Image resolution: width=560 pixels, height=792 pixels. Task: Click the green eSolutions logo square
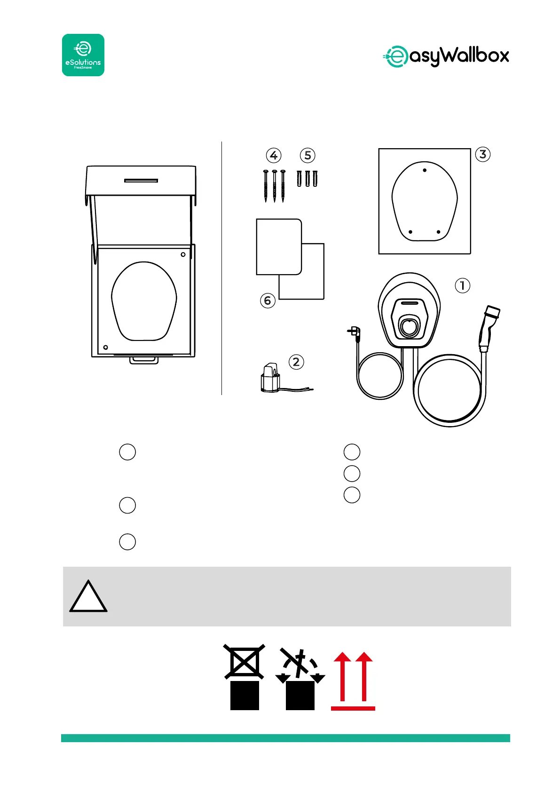(83, 55)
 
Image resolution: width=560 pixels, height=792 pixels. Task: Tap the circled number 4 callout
(274, 155)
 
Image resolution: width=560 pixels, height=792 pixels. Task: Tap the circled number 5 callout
(308, 155)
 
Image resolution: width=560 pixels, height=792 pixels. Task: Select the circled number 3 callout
(483, 154)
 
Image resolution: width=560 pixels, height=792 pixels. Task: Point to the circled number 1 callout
(463, 285)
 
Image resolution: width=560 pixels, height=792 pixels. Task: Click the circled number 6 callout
(268, 300)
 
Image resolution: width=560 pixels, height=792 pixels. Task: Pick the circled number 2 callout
(296, 362)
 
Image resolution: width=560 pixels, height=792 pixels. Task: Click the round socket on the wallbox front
(409, 325)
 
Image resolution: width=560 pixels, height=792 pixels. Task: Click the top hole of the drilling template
(425, 170)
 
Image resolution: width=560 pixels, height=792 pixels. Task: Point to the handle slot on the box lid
(141, 180)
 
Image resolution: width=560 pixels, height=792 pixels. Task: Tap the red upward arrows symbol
(353, 680)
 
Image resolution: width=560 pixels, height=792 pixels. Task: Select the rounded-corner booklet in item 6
(278, 246)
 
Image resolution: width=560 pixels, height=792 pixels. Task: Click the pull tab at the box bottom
(145, 360)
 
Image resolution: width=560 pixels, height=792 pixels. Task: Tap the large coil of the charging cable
(450, 390)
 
